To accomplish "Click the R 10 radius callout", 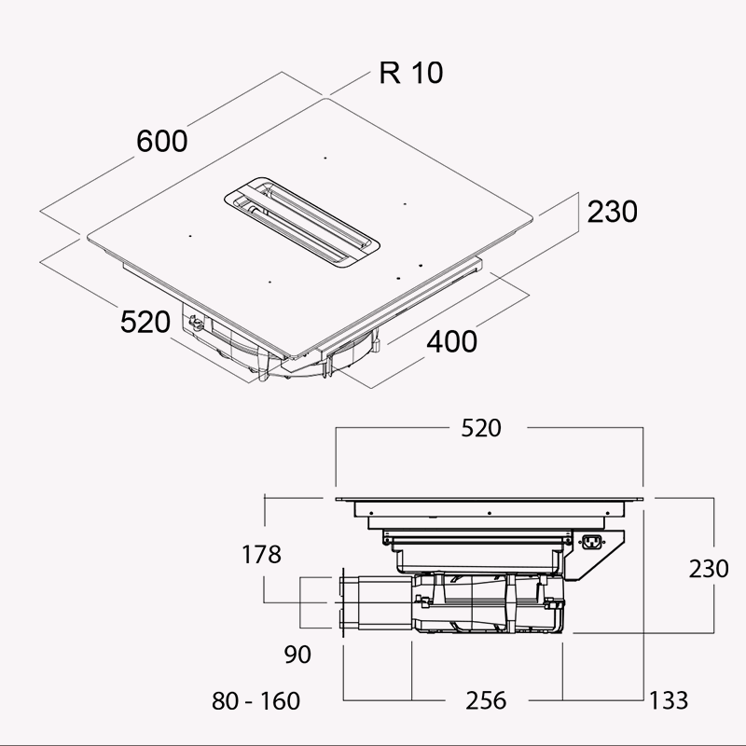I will point(411,73).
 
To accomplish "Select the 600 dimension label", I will point(162,142).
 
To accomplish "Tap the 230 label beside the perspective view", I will point(612,212).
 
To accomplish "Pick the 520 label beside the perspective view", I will point(145,322).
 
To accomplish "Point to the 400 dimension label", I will point(452,342).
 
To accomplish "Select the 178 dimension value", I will point(261,555).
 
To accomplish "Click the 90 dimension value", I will point(297,654).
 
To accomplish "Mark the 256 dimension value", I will point(486,700).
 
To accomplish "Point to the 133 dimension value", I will point(669,700).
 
